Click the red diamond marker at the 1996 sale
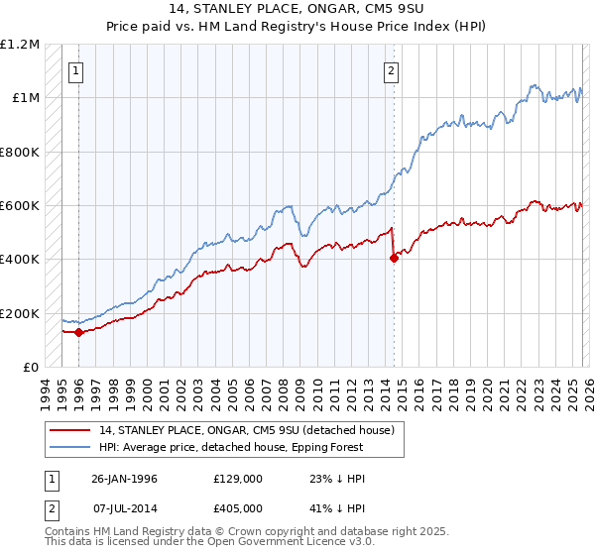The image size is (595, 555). pos(78,333)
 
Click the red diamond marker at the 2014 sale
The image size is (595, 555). pos(394,258)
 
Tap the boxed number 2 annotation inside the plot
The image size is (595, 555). pos(393,70)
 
